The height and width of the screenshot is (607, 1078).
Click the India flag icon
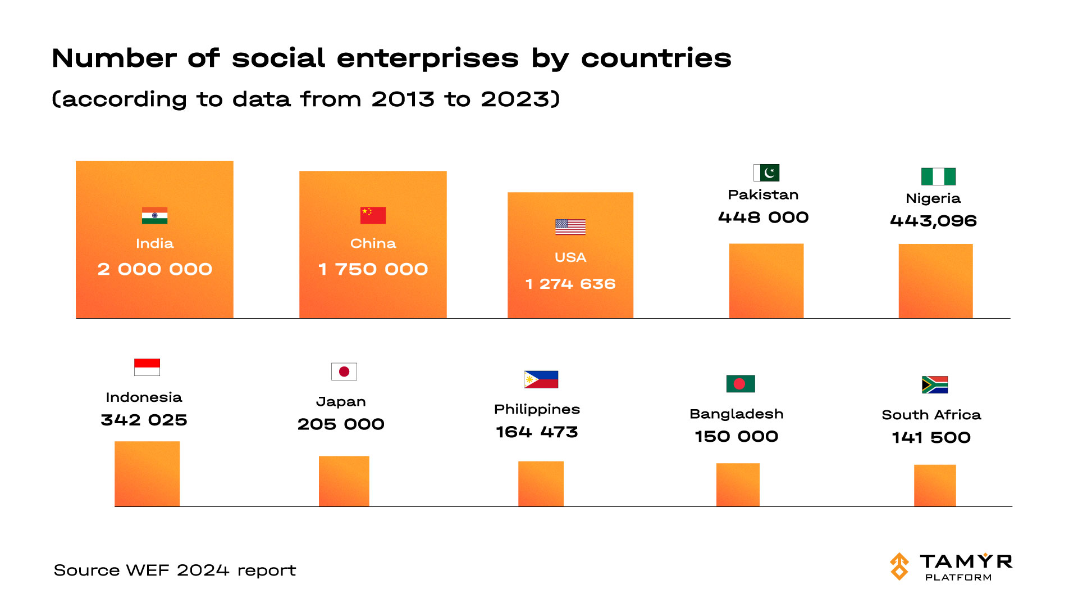tap(154, 216)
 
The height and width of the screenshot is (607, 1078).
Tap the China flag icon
tap(373, 215)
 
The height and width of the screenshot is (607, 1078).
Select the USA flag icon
tap(570, 227)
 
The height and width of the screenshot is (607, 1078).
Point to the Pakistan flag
tap(766, 173)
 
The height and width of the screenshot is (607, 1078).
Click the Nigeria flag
tap(938, 176)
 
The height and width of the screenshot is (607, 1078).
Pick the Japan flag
tap(344, 372)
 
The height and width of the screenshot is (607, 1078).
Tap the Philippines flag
tap(541, 379)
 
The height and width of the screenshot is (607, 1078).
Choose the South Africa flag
tap(934, 384)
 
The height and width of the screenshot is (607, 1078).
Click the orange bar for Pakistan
tap(766, 281)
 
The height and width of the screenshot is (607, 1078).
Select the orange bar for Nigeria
tap(935, 281)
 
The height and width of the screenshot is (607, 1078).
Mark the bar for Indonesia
tap(147, 474)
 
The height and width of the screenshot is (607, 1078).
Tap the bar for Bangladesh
tap(738, 484)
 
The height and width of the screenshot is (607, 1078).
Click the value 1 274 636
tap(570, 284)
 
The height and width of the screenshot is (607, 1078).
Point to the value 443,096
tap(933, 221)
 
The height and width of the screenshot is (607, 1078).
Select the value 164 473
tap(537, 432)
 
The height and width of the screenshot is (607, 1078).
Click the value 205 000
tap(341, 424)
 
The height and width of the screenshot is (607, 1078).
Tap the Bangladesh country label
tap(736, 414)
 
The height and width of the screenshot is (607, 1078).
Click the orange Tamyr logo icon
tap(899, 566)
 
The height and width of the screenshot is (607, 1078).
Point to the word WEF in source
tap(147, 570)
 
